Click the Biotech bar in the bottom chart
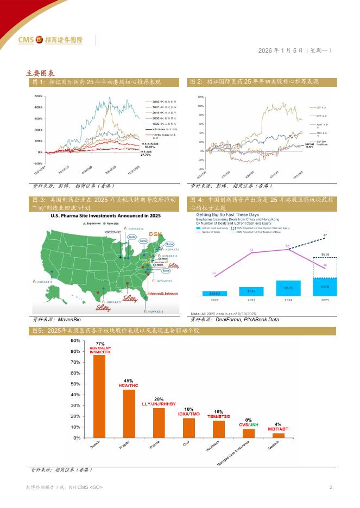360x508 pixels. pyautogui.click(x=99, y=396)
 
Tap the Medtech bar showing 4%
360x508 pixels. pyautogui.click(x=278, y=435)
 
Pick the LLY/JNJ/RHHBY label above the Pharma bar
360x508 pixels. pyautogui.click(x=159, y=404)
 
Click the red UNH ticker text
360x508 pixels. pyautogui.click(x=254, y=425)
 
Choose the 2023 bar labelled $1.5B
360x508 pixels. pyautogui.click(x=251, y=291)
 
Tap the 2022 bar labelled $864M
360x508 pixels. pyautogui.click(x=214, y=293)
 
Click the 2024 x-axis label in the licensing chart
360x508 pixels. pyautogui.click(x=288, y=300)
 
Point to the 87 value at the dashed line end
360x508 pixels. pyautogui.click(x=325, y=234)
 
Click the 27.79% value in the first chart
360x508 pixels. pyautogui.click(x=146, y=155)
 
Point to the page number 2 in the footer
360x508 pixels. pyautogui.click(x=331, y=487)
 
